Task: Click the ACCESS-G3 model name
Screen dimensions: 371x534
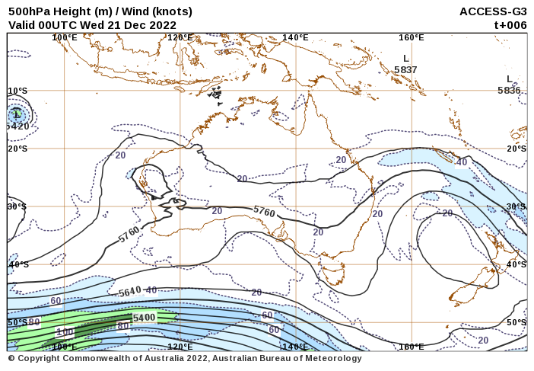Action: [x=493, y=11]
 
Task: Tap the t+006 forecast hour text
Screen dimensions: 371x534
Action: [x=510, y=24]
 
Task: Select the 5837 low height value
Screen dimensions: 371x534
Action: [x=405, y=70]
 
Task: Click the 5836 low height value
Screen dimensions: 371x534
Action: [x=509, y=90]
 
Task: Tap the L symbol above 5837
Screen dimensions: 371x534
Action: [x=405, y=58]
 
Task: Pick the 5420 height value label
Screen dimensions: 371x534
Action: [x=17, y=126]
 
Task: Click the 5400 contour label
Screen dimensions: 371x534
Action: [x=144, y=317]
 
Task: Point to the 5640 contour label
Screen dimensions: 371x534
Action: [x=130, y=291]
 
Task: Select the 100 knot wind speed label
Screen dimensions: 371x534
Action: [x=65, y=332]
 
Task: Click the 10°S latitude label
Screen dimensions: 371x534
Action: [x=17, y=91]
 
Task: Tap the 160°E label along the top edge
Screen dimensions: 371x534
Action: [x=412, y=37]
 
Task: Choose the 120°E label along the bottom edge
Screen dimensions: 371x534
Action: [x=180, y=347]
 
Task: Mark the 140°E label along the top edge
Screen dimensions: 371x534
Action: [x=295, y=37]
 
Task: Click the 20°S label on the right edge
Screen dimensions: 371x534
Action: [x=517, y=149]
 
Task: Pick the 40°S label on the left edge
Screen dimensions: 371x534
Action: [x=18, y=264]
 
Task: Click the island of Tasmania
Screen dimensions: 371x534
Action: [x=333, y=273]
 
